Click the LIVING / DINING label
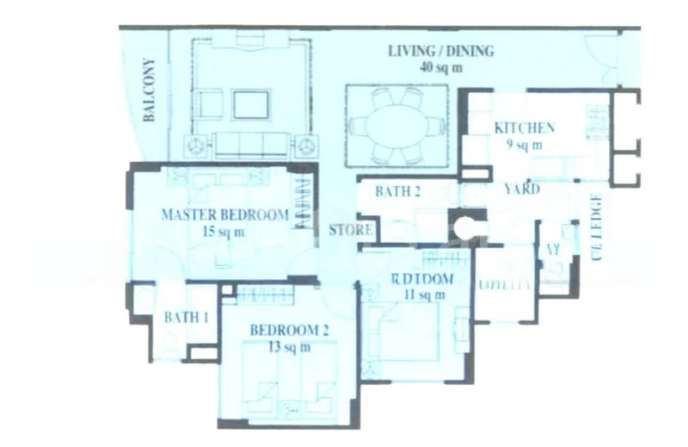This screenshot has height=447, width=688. point(440,51)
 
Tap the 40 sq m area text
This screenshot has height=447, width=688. point(440,67)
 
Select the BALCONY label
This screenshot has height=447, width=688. point(149,90)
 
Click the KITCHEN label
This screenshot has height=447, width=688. point(524,128)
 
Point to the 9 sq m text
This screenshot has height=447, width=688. point(524,145)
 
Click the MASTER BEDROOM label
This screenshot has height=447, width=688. point(224,214)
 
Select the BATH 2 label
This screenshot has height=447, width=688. point(397,191)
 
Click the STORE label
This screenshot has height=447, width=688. point(351,230)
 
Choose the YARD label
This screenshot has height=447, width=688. point(521,189)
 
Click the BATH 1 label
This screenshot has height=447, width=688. point(187,317)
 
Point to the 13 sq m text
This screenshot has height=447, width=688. point(279,347)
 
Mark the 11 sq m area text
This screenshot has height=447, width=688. point(418,295)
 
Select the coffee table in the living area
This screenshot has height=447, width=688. point(250,104)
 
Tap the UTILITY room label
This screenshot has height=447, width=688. point(504,283)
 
